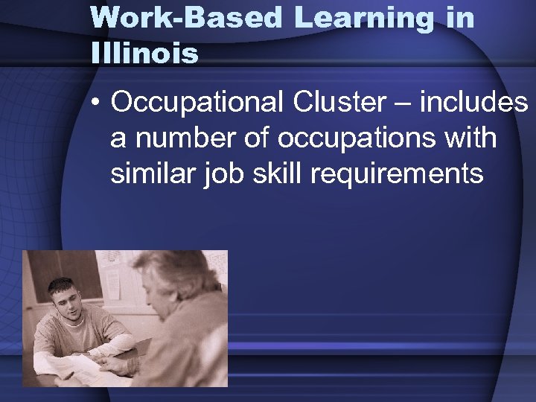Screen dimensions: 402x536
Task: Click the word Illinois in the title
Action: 144,53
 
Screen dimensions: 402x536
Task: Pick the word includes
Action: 473,103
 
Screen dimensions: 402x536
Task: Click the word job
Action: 221,175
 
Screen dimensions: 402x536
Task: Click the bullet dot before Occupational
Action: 96,105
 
